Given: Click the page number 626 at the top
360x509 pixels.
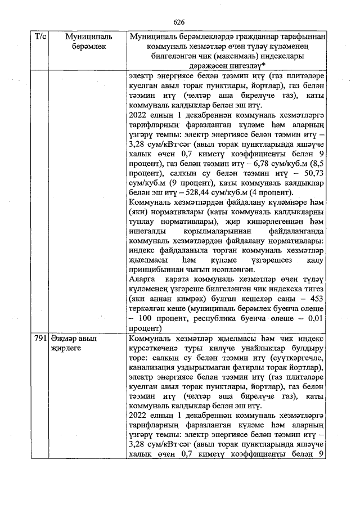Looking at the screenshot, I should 179,21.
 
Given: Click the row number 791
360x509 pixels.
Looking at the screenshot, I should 40,339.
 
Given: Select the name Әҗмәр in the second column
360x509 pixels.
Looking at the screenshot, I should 61,339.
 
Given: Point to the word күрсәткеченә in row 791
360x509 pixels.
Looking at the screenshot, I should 155,349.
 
